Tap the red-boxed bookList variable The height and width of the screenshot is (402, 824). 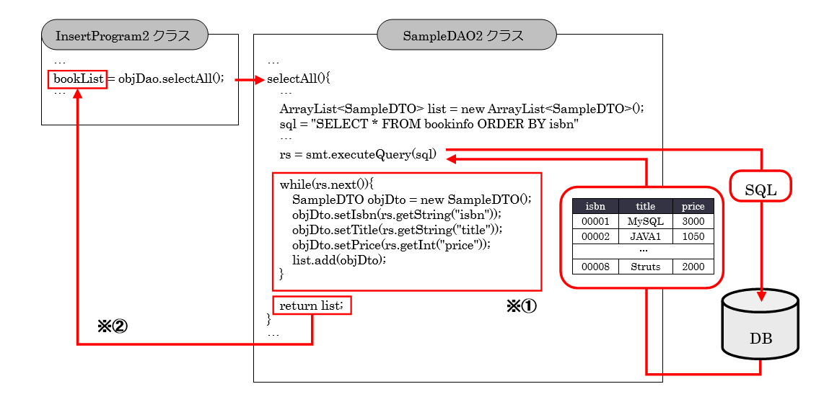click(x=78, y=79)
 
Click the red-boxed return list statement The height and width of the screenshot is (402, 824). click(x=312, y=306)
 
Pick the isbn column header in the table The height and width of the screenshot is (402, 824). click(x=595, y=207)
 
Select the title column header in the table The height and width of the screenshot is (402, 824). click(x=645, y=207)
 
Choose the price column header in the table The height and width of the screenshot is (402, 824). click(x=693, y=207)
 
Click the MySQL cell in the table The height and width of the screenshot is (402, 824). click(x=645, y=221)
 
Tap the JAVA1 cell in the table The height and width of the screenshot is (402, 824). click(x=645, y=236)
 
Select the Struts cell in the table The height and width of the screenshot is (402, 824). click(x=645, y=267)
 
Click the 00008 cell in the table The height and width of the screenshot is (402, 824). click(x=595, y=267)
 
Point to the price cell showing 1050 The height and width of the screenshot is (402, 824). click(x=693, y=236)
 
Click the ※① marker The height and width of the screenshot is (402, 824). click(x=521, y=306)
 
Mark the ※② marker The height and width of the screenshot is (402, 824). click(x=112, y=326)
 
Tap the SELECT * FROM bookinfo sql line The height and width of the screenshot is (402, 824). click(x=429, y=124)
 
